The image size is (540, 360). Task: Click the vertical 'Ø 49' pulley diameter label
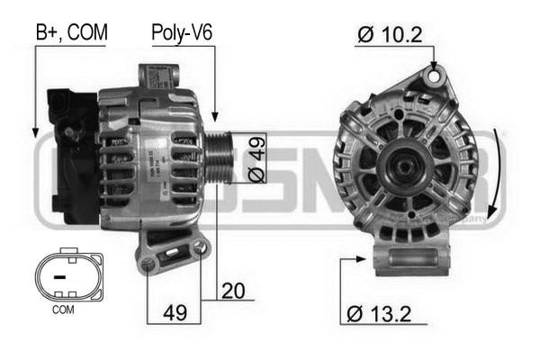click(x=256, y=159)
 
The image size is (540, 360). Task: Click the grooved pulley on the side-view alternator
click(x=219, y=158)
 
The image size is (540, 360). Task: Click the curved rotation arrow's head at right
click(x=487, y=216)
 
